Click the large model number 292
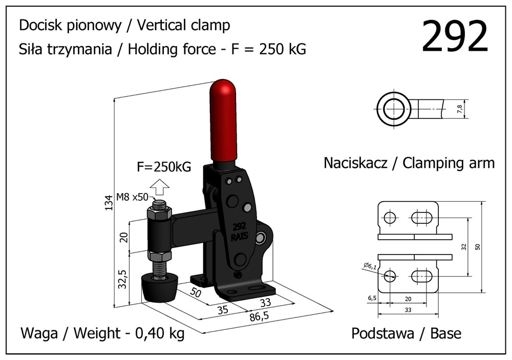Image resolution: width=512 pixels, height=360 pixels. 455,37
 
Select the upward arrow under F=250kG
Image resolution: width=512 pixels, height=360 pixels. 160,188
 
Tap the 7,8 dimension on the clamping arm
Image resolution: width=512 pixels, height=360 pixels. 459,109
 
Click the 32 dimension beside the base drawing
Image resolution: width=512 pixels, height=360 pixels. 463,247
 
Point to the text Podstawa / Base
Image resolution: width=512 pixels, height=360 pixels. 406,334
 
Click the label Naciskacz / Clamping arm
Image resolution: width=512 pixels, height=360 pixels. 409,163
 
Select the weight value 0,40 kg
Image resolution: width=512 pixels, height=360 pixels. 159,334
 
